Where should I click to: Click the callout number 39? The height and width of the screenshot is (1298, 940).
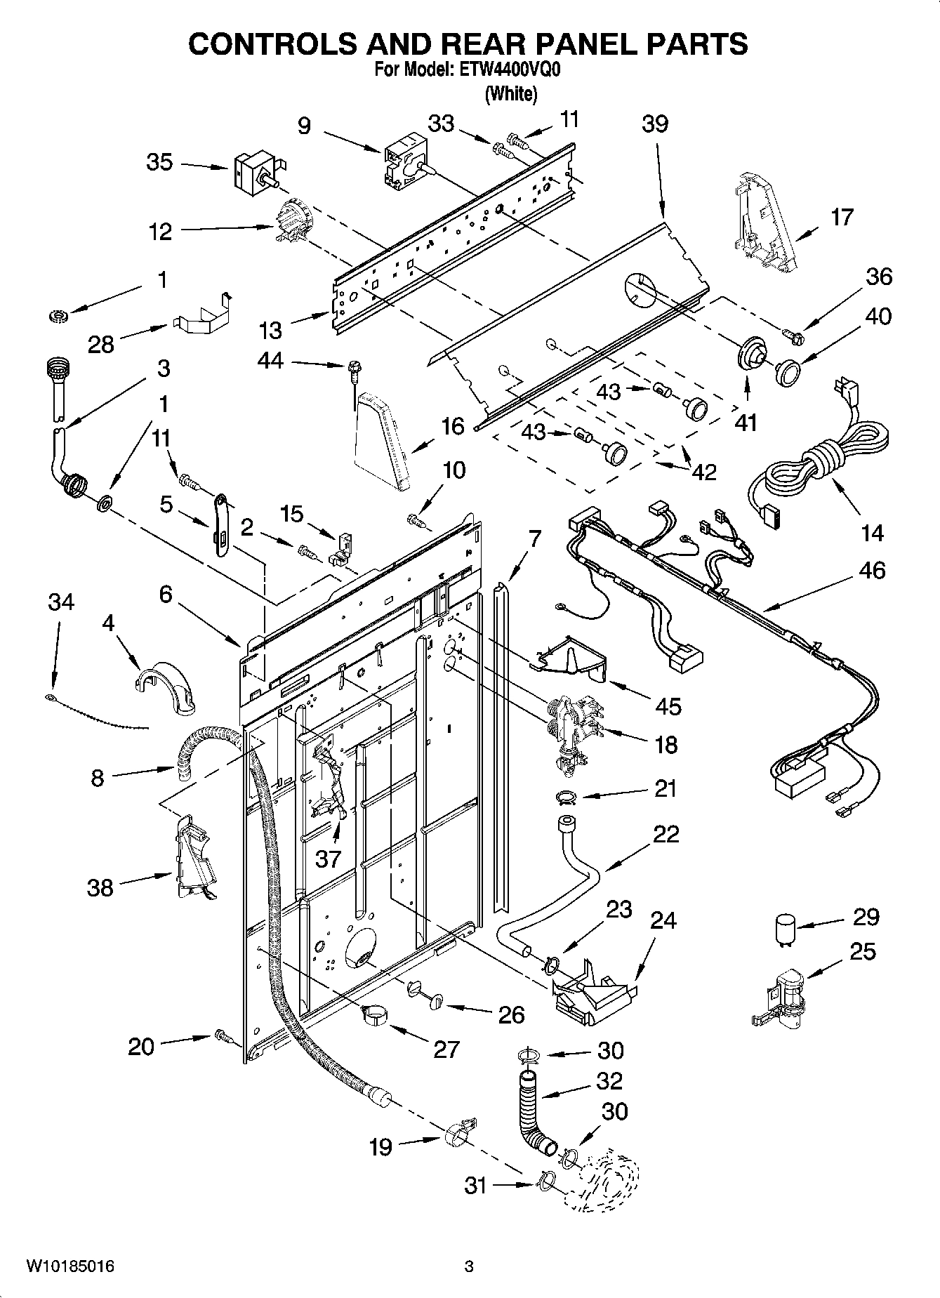(654, 124)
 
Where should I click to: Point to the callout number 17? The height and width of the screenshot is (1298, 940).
(842, 217)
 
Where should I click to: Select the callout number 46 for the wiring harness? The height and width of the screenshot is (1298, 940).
(871, 571)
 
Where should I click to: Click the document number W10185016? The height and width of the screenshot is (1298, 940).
(70, 1267)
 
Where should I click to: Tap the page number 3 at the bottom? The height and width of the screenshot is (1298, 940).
(469, 1267)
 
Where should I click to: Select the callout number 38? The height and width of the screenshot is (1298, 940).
(100, 887)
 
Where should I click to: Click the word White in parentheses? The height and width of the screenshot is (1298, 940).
(511, 93)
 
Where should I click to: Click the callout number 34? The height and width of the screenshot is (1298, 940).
(61, 602)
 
